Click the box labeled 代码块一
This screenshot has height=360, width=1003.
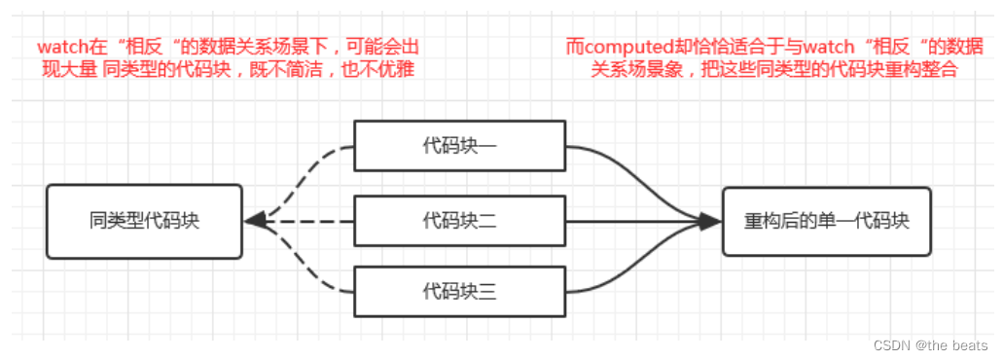coord(459,146)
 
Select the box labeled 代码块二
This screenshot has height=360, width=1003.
coord(459,221)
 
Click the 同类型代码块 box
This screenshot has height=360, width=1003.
coord(143,221)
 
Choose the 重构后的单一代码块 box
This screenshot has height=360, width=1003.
coord(826,221)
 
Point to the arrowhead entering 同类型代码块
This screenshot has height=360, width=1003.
coord(255,221)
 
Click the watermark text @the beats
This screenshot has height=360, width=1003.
coord(953,345)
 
